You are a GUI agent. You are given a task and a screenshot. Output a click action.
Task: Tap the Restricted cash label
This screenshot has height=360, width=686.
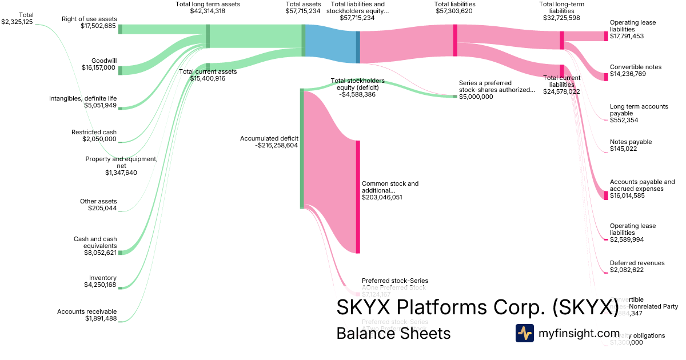coord(94,132)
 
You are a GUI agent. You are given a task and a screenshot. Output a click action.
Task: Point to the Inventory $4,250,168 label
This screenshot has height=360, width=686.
coord(100,281)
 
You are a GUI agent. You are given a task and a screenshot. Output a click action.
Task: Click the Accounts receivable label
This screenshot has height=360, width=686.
coord(86,311)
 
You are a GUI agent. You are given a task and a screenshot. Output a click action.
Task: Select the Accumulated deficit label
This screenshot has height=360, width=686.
coord(269,138)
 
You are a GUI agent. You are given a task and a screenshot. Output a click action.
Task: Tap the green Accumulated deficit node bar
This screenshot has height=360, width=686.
coord(302,149)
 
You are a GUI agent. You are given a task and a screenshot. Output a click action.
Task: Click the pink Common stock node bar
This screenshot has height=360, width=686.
coord(358,197)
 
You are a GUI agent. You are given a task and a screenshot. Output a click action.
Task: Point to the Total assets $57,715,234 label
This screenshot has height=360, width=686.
coord(302,7)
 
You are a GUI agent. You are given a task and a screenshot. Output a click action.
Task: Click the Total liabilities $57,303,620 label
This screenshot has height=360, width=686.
coord(454,7)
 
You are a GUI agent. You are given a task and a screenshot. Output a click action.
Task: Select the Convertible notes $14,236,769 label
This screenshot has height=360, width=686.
coord(635,70)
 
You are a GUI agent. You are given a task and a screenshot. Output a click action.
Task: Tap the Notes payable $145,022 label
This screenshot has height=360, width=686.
coord(631,145)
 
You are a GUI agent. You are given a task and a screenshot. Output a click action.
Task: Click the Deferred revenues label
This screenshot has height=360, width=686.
coord(637,263)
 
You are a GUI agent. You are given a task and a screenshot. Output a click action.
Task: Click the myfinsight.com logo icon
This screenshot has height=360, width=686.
coord(524,333)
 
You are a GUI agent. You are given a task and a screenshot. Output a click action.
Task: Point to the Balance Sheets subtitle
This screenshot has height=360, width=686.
coord(393,333)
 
